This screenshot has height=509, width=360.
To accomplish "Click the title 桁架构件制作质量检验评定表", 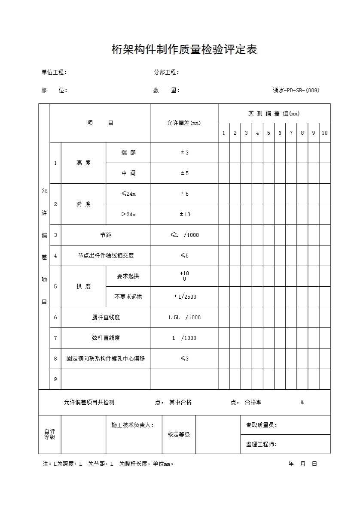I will [x=184, y=50].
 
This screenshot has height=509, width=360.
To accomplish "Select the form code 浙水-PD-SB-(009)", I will [x=296, y=90].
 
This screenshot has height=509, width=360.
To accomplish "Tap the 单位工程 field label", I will [x=54, y=72].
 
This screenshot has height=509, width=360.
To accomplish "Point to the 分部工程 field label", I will [x=166, y=72].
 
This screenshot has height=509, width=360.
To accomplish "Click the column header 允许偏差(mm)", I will [x=184, y=123].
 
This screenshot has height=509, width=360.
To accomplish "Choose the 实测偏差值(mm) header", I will [x=274, y=113].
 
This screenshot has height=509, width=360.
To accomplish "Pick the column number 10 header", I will [x=324, y=133].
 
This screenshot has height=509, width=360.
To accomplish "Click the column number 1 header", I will [x=223, y=133].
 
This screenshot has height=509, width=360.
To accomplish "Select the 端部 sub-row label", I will [x=128, y=152].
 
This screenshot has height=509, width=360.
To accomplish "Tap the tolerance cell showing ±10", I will [x=184, y=214].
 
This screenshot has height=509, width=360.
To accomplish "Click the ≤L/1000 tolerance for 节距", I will [x=184, y=235].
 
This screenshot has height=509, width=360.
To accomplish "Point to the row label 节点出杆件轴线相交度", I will [x=106, y=255].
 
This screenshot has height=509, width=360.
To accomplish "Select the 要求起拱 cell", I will [x=128, y=276].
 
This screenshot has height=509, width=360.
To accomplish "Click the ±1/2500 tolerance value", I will [x=184, y=297].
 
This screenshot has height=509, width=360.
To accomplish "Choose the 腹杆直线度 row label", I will [x=106, y=317].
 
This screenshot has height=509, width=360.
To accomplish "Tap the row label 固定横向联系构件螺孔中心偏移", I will [x=106, y=358].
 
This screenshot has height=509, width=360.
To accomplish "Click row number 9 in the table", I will [x=55, y=379].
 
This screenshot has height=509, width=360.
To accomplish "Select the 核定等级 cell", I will [x=179, y=434].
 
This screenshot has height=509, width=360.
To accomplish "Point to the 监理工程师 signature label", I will [x=261, y=444].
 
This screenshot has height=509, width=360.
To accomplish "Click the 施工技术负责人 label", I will [x=132, y=425].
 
